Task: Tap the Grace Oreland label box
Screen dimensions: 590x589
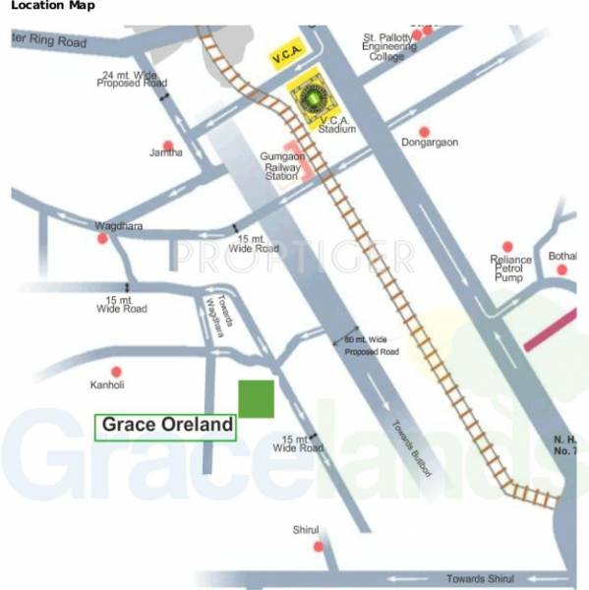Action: (165, 426)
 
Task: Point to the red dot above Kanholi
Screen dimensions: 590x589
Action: (117, 372)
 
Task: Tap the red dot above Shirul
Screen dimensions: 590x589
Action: (316, 546)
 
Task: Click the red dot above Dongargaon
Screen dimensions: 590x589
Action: (425, 131)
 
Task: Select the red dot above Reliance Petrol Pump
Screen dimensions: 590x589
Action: (507, 247)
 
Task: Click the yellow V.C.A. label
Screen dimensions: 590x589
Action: (287, 60)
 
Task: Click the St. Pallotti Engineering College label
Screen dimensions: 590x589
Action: (389, 46)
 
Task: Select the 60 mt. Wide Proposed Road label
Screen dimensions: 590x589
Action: (371, 345)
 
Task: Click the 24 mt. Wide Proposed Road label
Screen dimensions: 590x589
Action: (133, 80)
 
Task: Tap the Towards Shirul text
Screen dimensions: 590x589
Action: (480, 577)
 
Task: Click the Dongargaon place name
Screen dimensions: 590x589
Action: (430, 143)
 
